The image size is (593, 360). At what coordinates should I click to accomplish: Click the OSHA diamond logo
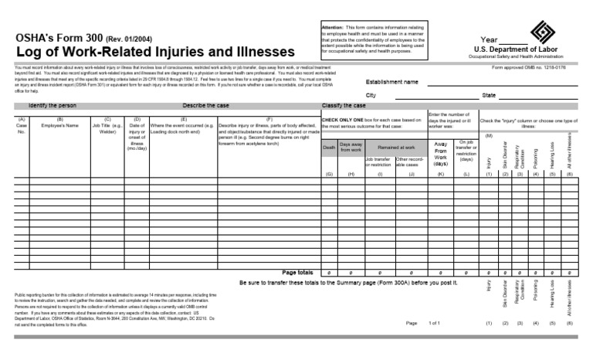[544, 32]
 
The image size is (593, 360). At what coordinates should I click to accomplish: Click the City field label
[371, 95]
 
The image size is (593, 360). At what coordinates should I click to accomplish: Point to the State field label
[489, 95]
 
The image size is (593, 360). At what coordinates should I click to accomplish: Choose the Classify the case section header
[344, 104]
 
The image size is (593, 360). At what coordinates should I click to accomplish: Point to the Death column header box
[330, 147]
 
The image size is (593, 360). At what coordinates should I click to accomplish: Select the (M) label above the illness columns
[489, 135]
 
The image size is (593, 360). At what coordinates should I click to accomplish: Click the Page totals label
[297, 273]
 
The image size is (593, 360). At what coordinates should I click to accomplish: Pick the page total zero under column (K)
[441, 273]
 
